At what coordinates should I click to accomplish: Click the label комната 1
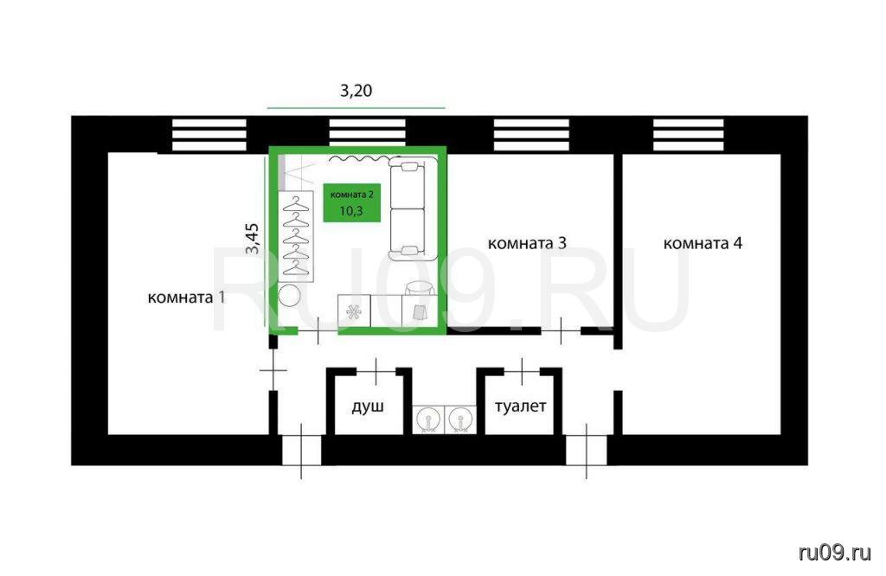tap(186, 297)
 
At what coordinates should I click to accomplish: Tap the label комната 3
tap(527, 243)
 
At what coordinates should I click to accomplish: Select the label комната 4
tap(703, 243)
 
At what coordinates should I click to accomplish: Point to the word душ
tap(368, 406)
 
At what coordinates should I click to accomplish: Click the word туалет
tap(520, 406)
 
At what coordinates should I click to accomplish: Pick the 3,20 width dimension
tap(356, 90)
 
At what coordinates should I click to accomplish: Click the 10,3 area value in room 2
tap(351, 211)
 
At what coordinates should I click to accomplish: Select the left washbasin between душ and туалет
tap(428, 420)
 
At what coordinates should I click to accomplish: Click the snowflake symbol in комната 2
tap(354, 311)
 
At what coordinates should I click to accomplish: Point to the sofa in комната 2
tap(412, 209)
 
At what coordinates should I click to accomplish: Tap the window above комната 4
tap(688, 135)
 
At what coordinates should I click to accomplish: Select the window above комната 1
tap(209, 135)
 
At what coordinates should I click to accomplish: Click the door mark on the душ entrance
tap(376, 371)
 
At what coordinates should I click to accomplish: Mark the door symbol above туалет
tap(522, 371)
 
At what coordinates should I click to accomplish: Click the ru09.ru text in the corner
tap(835, 553)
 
